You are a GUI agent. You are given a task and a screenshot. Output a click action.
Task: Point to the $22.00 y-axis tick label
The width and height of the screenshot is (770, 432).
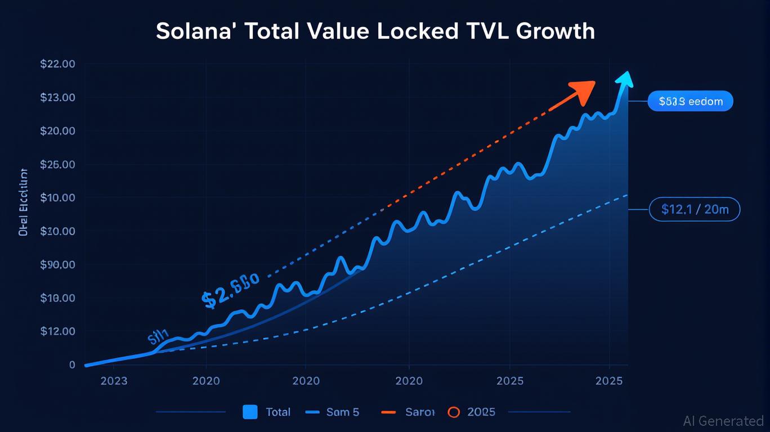(x=58, y=64)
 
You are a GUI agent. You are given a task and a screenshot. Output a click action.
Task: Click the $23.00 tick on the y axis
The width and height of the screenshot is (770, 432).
(x=58, y=98)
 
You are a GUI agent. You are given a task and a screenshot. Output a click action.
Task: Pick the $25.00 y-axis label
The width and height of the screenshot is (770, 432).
(x=58, y=165)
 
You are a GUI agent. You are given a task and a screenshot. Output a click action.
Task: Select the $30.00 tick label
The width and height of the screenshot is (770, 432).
(x=58, y=231)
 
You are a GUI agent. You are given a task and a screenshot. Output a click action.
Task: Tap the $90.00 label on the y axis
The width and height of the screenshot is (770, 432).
(x=58, y=264)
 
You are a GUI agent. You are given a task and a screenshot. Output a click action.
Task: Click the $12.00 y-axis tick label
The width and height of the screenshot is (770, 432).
(x=58, y=331)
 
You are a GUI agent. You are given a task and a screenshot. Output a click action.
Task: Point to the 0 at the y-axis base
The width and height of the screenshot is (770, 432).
(x=72, y=364)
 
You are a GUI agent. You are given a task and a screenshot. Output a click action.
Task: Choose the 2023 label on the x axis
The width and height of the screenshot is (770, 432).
(x=114, y=381)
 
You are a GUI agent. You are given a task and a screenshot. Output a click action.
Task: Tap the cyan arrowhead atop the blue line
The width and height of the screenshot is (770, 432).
(x=624, y=79)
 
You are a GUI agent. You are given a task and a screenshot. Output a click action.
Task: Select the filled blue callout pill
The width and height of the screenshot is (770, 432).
(x=690, y=101)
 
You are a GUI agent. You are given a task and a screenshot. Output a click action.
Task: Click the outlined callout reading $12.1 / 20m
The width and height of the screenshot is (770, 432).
(x=695, y=209)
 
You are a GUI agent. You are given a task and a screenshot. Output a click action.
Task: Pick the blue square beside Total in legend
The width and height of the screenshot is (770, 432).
(x=250, y=412)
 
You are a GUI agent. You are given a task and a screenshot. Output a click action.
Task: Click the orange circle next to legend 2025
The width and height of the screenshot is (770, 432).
(x=454, y=412)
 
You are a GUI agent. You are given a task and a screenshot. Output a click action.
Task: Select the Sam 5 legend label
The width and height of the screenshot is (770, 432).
(x=342, y=412)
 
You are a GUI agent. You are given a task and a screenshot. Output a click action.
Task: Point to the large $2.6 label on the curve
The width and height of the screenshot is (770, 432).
(x=230, y=290)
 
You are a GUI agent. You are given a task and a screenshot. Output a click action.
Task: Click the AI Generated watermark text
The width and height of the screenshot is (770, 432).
(x=723, y=421)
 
